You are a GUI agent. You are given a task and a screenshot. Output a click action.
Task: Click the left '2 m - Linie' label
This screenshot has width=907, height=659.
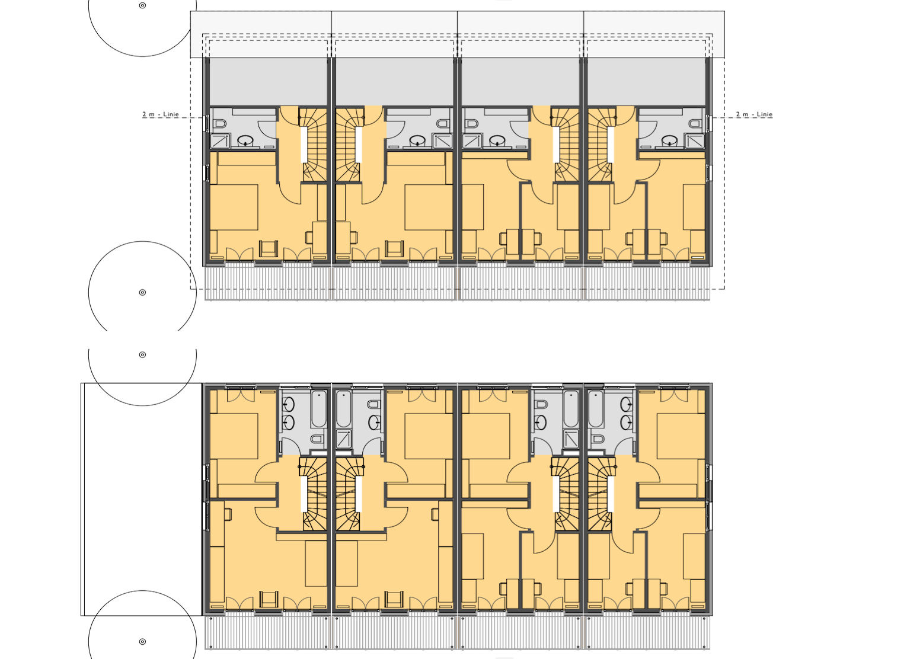160,114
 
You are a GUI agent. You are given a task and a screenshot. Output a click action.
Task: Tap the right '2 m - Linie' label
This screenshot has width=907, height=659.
754,114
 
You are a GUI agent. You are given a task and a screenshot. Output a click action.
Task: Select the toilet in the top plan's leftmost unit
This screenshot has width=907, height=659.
221,123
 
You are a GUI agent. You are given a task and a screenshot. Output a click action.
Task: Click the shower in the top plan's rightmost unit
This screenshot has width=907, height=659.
694,141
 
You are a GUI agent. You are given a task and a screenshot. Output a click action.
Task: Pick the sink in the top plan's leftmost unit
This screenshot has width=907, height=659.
245,141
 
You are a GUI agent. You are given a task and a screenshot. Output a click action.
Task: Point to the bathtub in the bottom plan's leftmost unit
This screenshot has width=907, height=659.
319,409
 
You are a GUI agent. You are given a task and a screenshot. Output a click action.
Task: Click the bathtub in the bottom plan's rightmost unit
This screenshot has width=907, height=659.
595,409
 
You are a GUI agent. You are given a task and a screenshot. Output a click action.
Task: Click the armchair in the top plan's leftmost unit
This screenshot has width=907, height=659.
269,248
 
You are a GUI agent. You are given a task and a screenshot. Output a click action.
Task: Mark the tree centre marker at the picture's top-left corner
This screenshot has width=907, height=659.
142,5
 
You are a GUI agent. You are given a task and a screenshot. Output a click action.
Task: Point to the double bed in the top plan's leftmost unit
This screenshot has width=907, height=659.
234,207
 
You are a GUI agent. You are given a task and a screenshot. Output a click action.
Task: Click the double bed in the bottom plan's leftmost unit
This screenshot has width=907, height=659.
234,436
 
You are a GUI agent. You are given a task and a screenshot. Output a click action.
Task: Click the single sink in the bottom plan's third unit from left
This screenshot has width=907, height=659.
541,423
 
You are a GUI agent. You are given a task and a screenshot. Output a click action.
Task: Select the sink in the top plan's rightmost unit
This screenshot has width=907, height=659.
669,141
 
